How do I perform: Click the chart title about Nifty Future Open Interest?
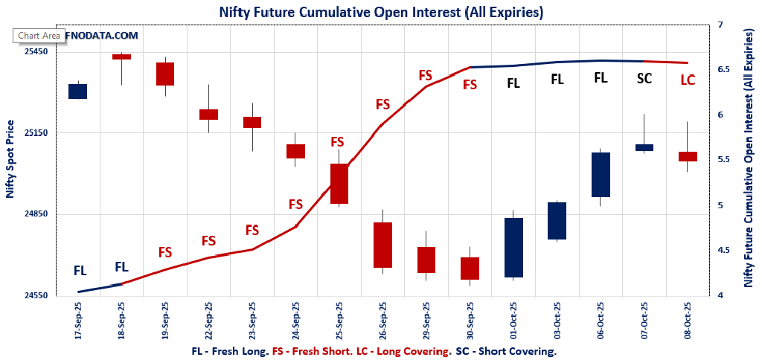[x=381, y=12]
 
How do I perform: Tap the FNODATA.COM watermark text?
[x=101, y=35]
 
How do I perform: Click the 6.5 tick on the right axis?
[x=725, y=69]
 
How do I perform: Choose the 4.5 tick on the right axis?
[x=725, y=251]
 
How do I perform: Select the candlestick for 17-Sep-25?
[x=78, y=91]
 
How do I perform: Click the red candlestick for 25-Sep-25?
[x=339, y=184]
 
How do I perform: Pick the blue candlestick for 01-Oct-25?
[x=513, y=248]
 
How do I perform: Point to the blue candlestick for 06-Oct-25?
[x=601, y=175]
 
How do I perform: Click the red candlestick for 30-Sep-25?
[x=470, y=269]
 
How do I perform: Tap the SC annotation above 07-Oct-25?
[x=644, y=78]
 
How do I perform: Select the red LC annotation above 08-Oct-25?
[x=688, y=80]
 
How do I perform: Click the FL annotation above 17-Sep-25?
[x=80, y=271]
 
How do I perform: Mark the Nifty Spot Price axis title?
[x=10, y=159]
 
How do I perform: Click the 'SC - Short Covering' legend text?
[x=505, y=351]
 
